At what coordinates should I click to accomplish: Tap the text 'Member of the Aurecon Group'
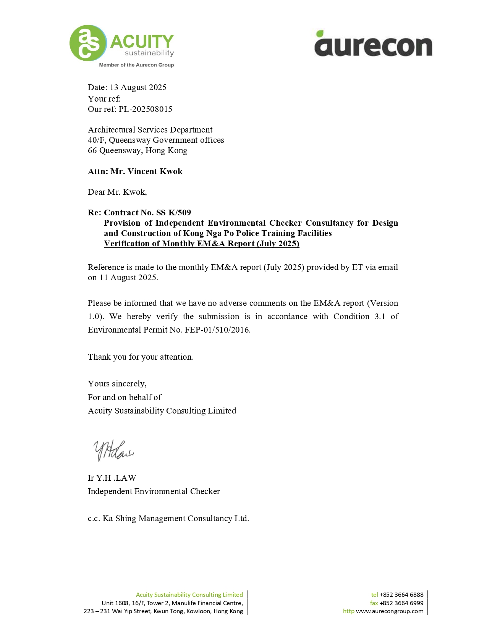tap(136, 65)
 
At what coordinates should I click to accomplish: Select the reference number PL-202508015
tap(145, 109)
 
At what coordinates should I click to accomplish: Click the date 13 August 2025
tap(138, 87)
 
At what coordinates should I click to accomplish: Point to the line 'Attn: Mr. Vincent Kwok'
tap(135, 171)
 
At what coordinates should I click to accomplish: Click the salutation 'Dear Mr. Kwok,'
tap(117, 192)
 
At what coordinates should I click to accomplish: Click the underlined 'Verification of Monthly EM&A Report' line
tap(201, 244)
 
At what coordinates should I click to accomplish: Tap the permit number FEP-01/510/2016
tap(217, 330)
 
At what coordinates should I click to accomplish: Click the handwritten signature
tap(113, 451)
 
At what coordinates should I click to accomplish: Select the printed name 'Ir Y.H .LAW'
tap(112, 478)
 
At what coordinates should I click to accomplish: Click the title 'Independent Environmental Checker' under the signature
tap(154, 491)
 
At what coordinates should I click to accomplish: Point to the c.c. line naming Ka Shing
tap(168, 519)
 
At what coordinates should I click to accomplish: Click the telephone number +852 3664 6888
tap(401, 595)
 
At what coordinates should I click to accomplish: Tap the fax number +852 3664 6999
tap(401, 603)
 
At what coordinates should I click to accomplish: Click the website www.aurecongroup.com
tap(390, 611)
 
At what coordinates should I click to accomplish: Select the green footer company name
tap(189, 595)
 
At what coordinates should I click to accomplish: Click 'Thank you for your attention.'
tap(141, 357)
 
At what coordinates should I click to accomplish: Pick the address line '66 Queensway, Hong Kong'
tap(138, 150)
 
